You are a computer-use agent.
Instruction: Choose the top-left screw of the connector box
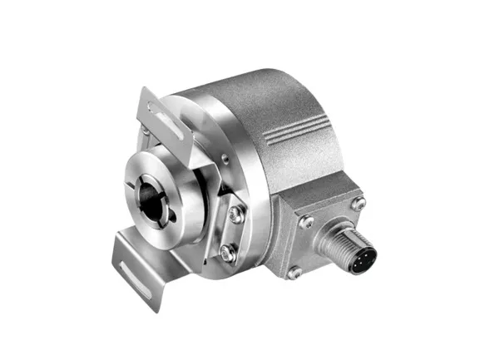[304, 221]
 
